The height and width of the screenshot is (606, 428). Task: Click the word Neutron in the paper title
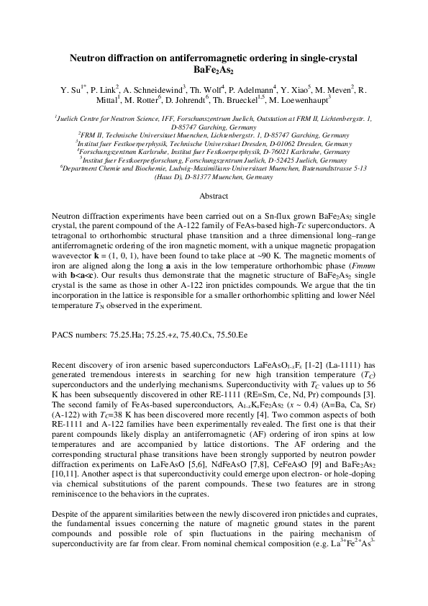click(87, 58)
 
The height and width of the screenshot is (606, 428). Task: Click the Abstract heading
click(214, 176)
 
